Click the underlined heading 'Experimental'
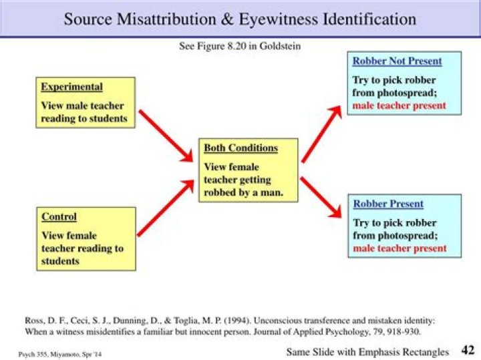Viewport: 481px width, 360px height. point(71,87)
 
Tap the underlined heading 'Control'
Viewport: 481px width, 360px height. point(59,216)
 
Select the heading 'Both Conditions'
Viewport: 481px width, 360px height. point(240,148)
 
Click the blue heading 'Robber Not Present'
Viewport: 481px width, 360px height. point(397,61)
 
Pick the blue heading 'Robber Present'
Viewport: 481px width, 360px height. point(388,204)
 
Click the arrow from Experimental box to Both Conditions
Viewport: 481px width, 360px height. point(166,136)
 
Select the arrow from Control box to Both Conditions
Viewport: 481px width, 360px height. point(166,208)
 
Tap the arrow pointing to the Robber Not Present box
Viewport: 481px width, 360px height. point(321,134)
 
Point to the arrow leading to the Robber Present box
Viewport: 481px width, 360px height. point(321,197)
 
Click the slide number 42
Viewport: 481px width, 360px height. point(468,350)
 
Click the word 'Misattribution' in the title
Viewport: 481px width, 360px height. point(166,19)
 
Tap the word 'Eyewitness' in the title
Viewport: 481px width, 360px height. point(278,19)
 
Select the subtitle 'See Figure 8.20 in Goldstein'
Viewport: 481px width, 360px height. point(240,46)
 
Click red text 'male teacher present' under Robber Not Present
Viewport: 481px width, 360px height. point(399,106)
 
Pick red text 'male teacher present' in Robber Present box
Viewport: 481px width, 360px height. point(399,248)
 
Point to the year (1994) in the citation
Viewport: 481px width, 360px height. point(236,321)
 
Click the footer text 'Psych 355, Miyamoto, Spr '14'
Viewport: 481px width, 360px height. point(60,355)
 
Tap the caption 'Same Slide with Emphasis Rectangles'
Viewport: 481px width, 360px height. point(367,352)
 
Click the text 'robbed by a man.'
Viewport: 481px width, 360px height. point(244,192)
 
